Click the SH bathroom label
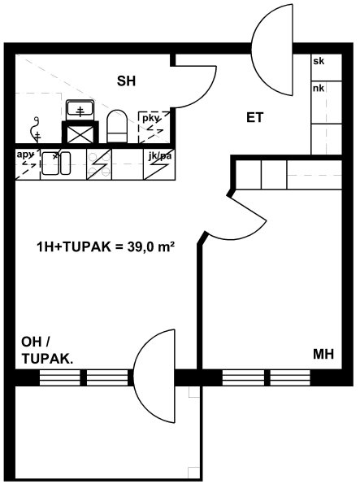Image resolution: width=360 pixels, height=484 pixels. [x=126, y=81]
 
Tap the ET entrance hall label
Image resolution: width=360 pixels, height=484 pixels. [x=255, y=118]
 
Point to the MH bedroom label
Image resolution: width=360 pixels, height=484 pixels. [x=323, y=354]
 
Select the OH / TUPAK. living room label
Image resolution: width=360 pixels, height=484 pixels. [x=47, y=351]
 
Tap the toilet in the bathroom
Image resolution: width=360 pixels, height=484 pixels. [x=117, y=126]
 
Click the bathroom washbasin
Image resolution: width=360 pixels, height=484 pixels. [x=80, y=110]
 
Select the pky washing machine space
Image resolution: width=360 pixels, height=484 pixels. [x=154, y=127]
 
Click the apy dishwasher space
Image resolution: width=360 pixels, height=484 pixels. [x=28, y=164]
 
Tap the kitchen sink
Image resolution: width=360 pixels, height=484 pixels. [x=56, y=164]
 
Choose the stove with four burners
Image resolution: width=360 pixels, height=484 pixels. [x=99, y=164]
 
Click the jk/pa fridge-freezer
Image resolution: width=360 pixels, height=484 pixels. [x=159, y=164]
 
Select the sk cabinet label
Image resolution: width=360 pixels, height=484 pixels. [x=319, y=61]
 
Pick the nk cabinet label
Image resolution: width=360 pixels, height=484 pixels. [x=319, y=89]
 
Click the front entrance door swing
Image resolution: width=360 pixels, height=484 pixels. [x=271, y=50]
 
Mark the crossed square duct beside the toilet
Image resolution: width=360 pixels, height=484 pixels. [x=80, y=133]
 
